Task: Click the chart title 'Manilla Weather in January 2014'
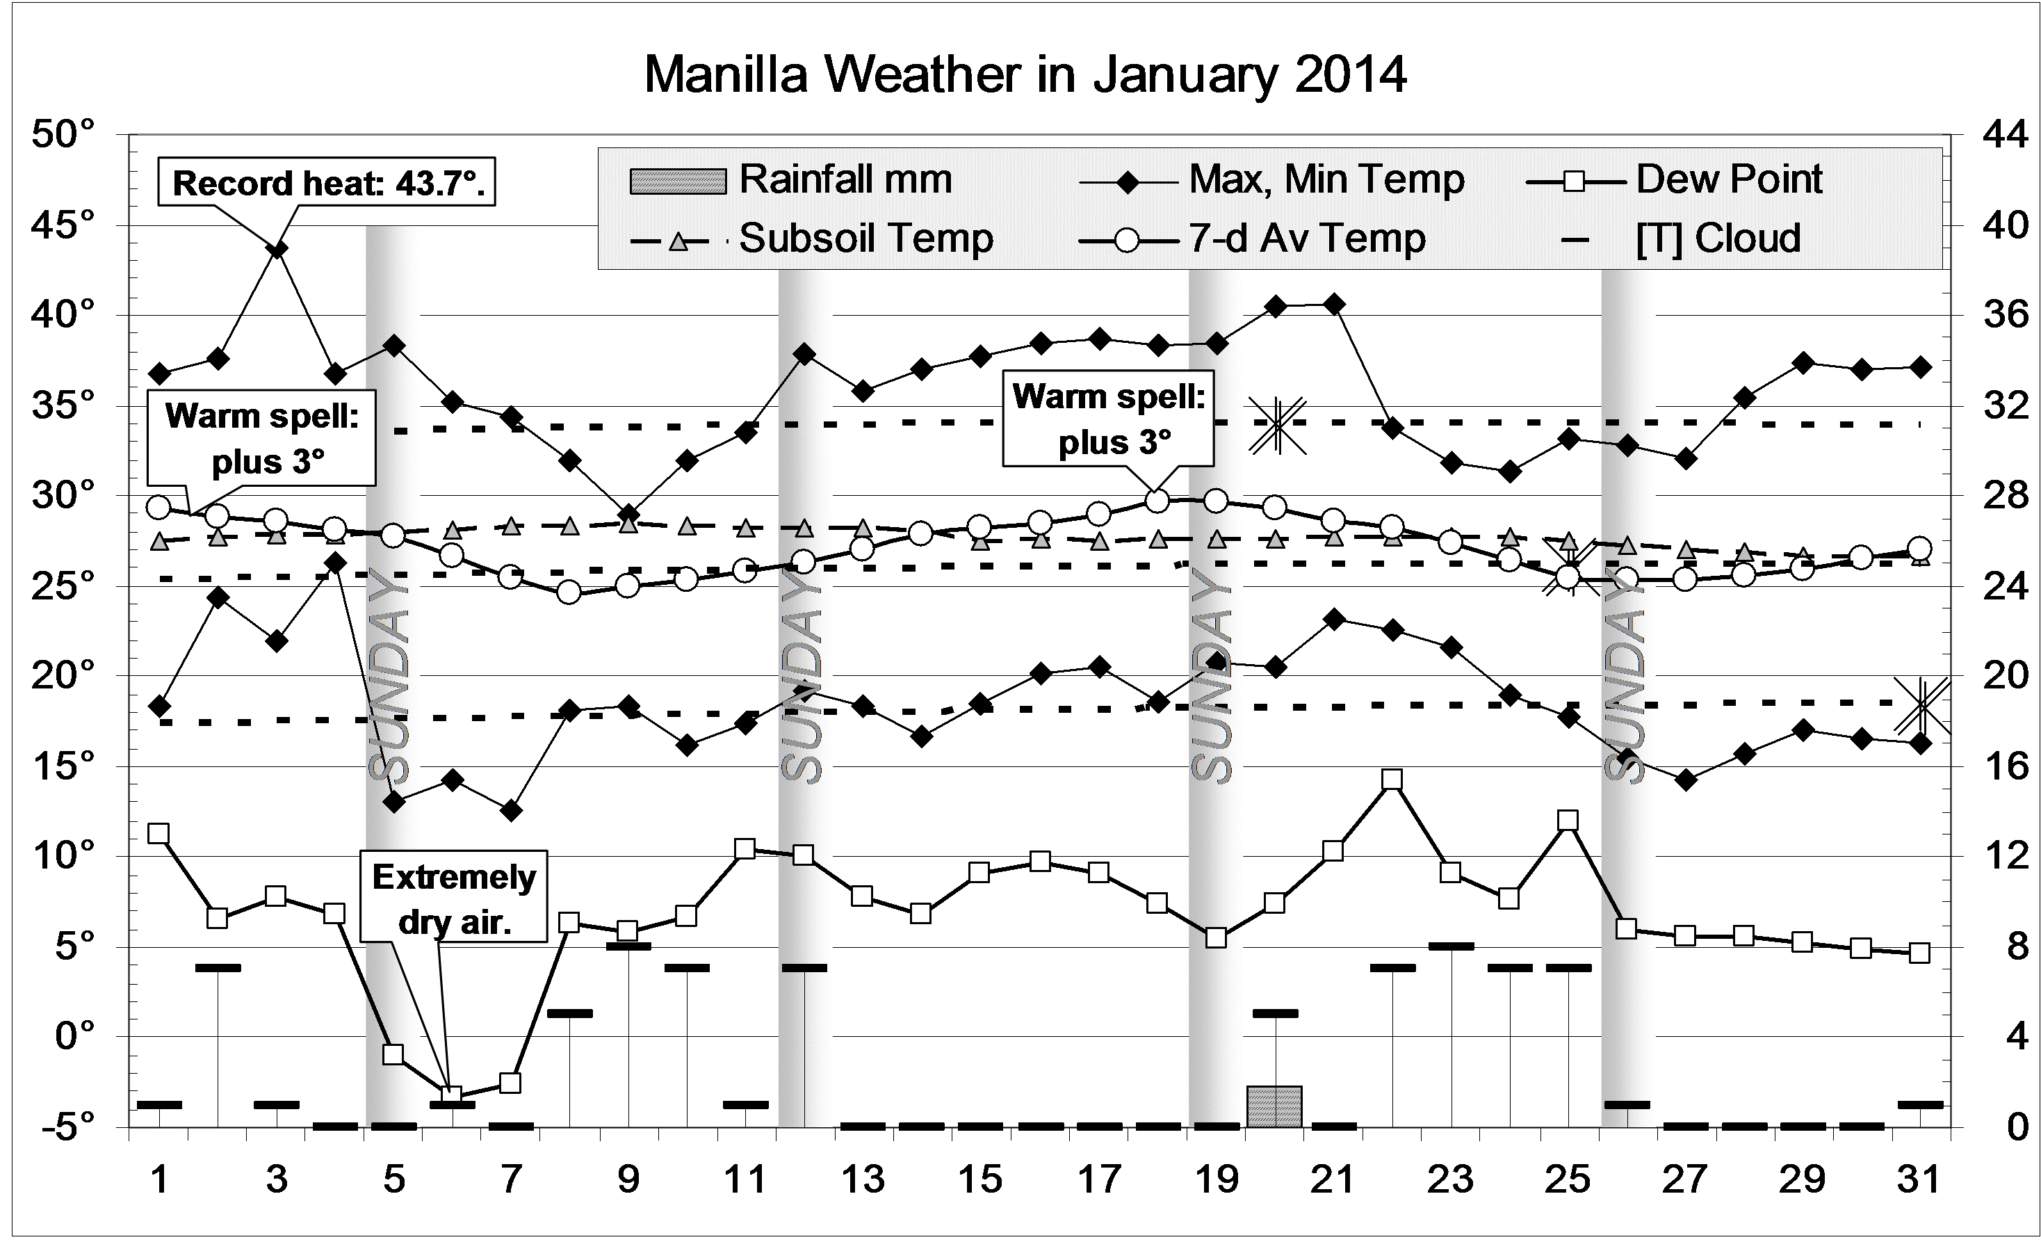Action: [x=1025, y=74]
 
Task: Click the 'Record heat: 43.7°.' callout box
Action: [x=327, y=182]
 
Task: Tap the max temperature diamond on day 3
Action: [x=278, y=250]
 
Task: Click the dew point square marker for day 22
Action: [x=1392, y=780]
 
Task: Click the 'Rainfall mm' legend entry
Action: [x=791, y=180]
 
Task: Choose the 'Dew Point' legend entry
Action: [x=1673, y=180]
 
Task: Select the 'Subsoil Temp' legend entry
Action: [x=812, y=239]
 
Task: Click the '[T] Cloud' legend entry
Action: [x=1682, y=239]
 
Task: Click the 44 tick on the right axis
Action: [x=2006, y=134]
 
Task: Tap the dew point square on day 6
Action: [x=451, y=1095]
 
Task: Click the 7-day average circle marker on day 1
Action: [x=159, y=507]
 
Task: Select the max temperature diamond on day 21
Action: [x=1333, y=305]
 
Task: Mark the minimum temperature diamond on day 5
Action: [x=394, y=802]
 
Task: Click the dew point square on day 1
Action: [x=159, y=834]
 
